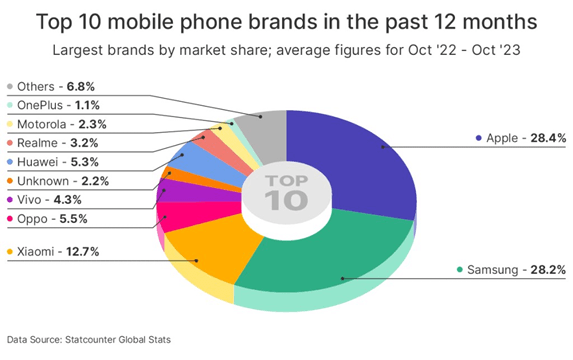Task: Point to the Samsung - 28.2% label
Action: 507,270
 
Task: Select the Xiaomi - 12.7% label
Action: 50,250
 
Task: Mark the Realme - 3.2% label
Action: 46,142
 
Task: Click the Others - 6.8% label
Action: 46,86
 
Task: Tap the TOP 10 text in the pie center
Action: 284,191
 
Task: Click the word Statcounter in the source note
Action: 110,341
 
